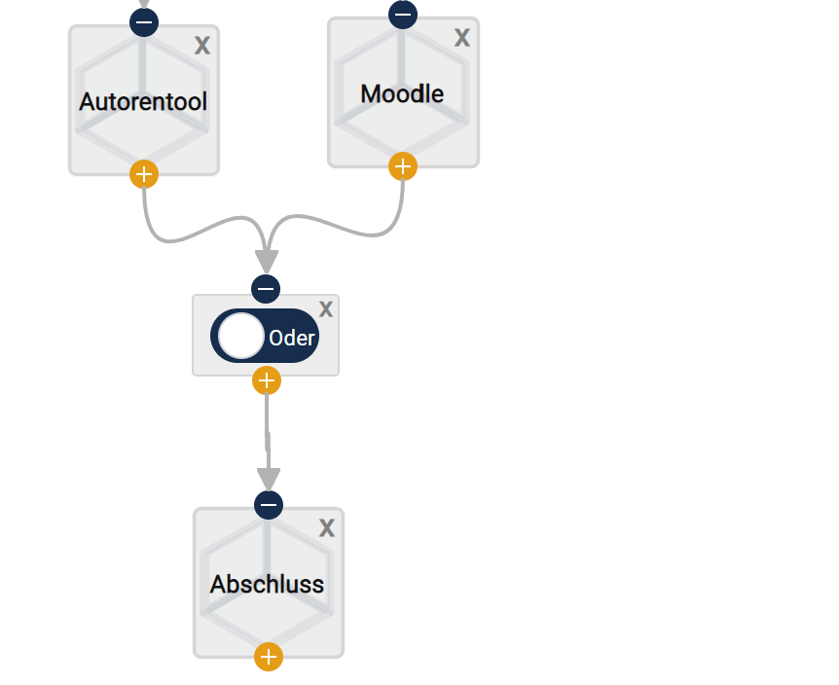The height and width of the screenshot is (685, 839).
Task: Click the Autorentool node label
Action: coord(143,102)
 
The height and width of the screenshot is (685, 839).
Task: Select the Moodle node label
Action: coord(402,94)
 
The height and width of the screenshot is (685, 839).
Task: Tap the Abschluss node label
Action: coord(267,585)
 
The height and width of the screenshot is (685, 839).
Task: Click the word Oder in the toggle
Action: coord(292,339)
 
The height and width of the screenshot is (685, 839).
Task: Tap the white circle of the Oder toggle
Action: coord(240,336)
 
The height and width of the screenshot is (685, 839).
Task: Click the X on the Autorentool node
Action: coord(202,45)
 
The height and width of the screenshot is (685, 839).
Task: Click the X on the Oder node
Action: coord(326,309)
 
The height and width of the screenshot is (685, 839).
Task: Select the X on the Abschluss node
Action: coord(327,527)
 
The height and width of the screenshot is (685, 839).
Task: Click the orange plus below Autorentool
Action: coord(144,174)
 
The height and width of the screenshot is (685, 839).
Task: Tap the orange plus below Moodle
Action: coord(403,166)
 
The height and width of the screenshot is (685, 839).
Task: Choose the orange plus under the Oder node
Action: coord(267,380)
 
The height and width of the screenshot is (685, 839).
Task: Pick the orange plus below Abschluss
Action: coord(269,657)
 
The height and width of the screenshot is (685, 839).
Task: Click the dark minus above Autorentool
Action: coord(144,20)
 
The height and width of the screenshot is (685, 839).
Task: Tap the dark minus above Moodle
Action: coord(403,15)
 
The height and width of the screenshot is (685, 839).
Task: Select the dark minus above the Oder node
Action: coord(266,289)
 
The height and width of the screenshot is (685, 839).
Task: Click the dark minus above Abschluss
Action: coord(269,504)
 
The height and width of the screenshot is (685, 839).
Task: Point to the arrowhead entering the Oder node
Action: coord(267,261)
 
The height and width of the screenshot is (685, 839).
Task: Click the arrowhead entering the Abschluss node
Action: coord(269,479)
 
